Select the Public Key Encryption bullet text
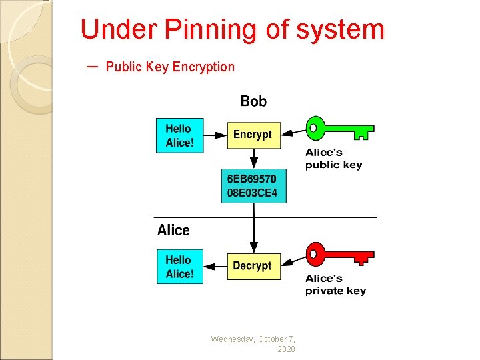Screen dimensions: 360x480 tap(170, 67)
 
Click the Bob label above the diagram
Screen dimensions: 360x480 tap(253, 101)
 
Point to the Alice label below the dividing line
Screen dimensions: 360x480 tap(173, 231)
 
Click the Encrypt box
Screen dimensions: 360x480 tap(253, 135)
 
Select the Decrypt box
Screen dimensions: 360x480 tap(253, 266)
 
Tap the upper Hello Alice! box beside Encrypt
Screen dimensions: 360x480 tap(179, 135)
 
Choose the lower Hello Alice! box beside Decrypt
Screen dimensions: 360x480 tap(179, 267)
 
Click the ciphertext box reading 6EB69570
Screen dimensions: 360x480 tap(253, 186)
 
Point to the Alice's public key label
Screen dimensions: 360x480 tap(333, 159)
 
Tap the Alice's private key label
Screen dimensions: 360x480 tap(335, 285)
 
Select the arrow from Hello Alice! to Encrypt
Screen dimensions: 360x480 tap(215, 135)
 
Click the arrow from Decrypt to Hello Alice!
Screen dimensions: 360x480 tap(215, 267)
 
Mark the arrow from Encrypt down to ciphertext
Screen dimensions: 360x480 tap(253, 159)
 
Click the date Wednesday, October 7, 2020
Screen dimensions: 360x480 tap(253, 344)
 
